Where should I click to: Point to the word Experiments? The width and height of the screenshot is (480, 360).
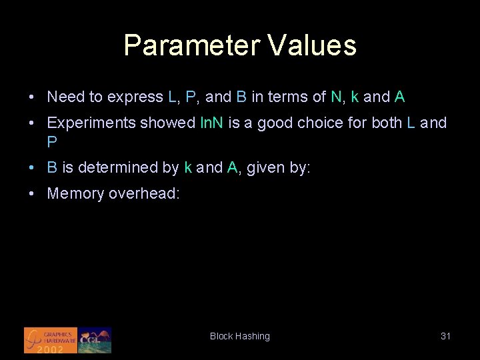point(91,123)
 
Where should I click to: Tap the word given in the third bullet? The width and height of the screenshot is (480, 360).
point(266,168)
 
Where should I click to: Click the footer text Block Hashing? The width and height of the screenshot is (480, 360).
point(240,337)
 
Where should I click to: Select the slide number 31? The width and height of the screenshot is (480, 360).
point(446,337)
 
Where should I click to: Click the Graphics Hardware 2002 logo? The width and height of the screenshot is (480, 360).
point(51,340)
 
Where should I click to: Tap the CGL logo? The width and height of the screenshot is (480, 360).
point(95,340)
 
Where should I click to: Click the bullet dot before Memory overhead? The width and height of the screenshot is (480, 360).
point(32,194)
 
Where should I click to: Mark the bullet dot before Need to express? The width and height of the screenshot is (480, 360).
point(32,97)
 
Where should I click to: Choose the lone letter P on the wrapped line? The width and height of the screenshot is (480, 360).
point(51,141)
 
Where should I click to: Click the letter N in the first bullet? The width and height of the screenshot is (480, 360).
point(335,97)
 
